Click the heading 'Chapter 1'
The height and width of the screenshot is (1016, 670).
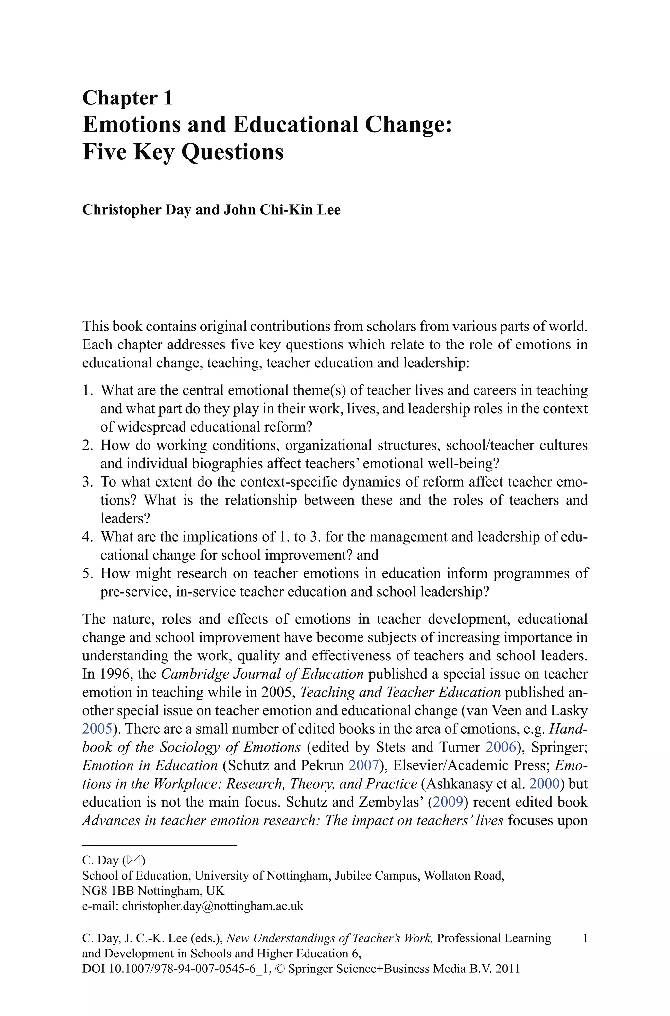coord(127,98)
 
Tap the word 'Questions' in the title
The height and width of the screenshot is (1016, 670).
coord(233,152)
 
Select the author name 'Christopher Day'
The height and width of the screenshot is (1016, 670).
coord(136,210)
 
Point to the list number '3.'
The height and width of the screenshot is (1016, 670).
coord(88,482)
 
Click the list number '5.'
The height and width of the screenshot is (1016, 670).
coord(88,573)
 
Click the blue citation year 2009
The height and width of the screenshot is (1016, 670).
coord(448,802)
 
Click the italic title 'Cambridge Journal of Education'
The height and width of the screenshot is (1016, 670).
coord(262,674)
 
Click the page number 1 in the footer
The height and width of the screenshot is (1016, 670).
coord(585,938)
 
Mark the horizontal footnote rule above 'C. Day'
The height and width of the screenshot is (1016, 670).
coord(159,845)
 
